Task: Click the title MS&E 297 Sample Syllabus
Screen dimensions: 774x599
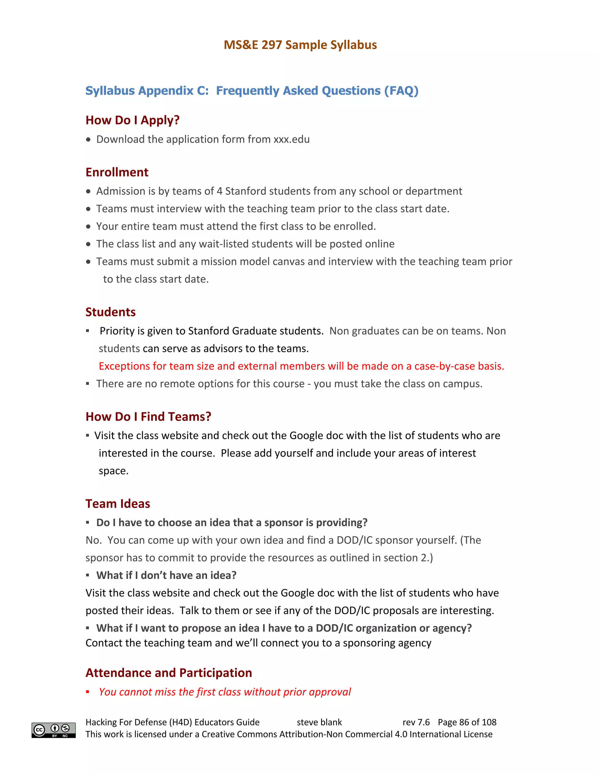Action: pos(300,45)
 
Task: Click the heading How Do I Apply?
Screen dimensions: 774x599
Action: pos(132,120)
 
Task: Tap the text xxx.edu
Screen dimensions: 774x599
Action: pos(291,139)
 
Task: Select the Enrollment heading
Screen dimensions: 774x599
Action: pos(117,172)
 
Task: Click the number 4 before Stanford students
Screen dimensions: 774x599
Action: pos(219,191)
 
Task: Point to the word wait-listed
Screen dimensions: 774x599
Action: pos(228,244)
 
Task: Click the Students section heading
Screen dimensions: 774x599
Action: pos(110,312)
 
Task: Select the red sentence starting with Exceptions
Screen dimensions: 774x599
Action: pos(301,366)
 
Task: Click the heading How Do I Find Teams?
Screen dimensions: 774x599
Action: pos(148,416)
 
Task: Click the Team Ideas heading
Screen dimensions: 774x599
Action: pos(118,504)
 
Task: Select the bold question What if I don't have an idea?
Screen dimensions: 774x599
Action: pos(166,575)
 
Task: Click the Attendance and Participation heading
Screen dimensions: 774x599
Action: pos(168,673)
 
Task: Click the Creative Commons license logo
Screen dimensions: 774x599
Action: pos(54,730)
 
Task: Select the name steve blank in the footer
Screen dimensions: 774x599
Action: pos(319,722)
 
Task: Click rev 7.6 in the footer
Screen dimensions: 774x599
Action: pos(416,722)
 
